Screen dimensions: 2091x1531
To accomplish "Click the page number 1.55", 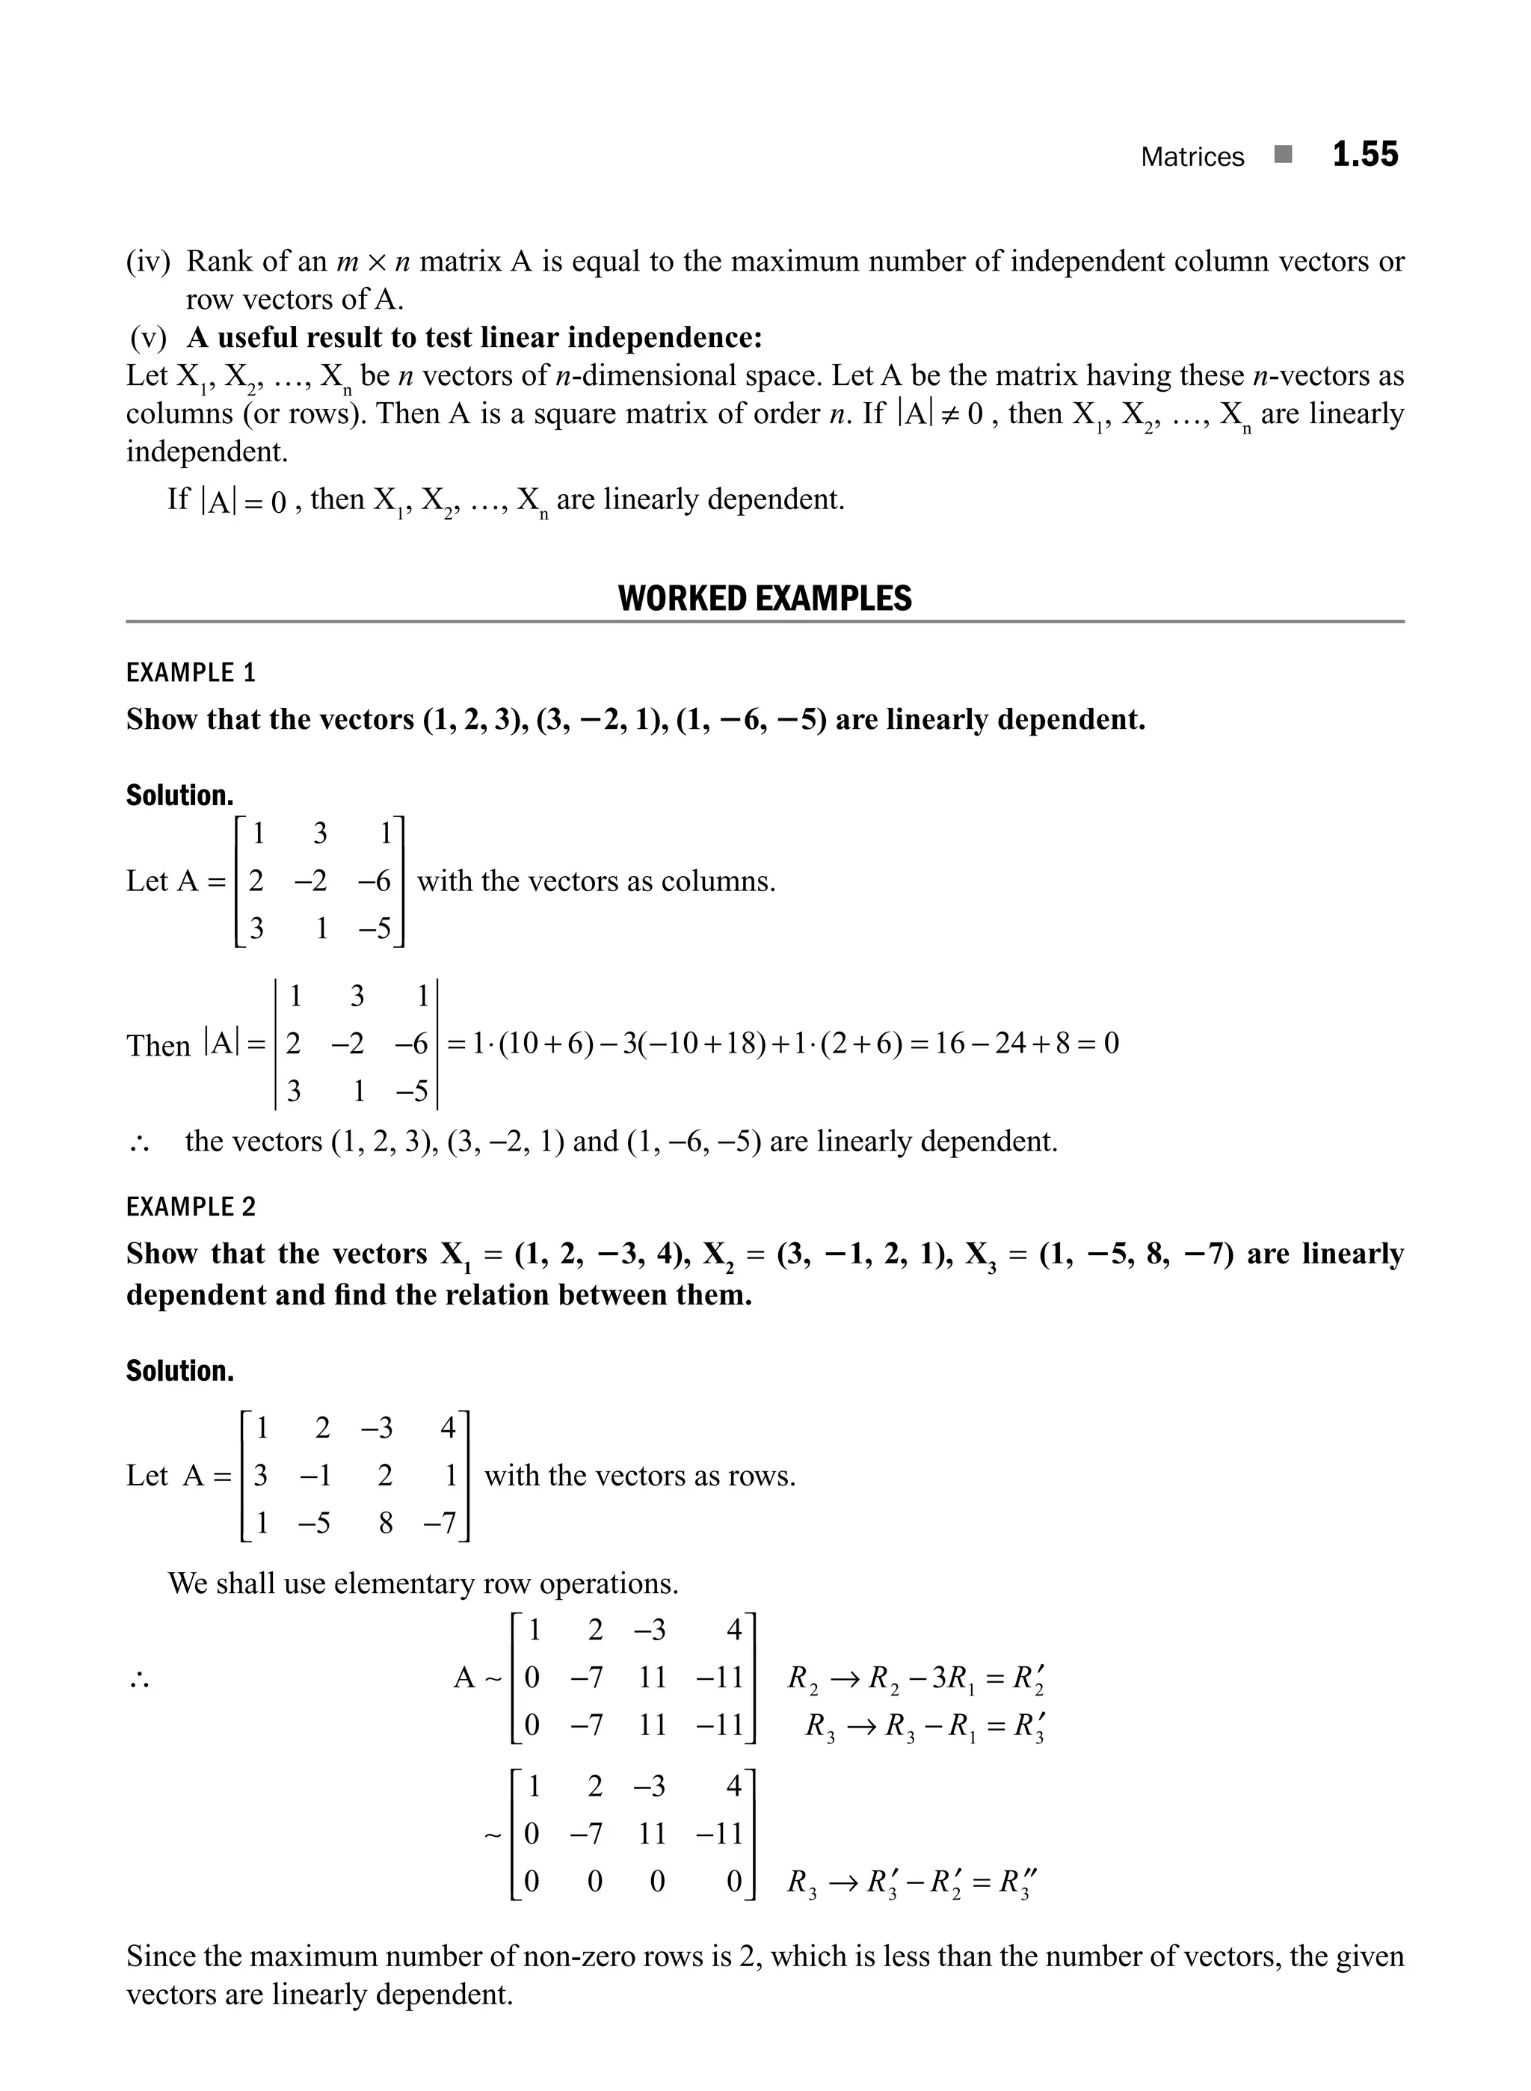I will point(1364,155).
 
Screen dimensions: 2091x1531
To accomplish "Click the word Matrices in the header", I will point(1192,157).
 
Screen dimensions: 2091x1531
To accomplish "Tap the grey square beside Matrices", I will point(1283,155).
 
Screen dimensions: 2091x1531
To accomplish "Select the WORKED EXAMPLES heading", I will point(765,599).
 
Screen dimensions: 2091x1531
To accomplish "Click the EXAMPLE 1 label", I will point(190,673).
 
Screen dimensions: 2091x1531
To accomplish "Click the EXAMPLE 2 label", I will point(190,1207).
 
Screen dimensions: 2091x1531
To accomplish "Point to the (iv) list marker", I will point(148,262).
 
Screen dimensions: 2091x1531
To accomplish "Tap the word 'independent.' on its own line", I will point(206,452).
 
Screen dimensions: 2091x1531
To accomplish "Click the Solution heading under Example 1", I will point(180,795).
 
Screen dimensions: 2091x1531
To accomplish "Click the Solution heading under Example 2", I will point(180,1371).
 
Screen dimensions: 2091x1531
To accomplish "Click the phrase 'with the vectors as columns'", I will point(596,881).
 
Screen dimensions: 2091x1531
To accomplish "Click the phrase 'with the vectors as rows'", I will point(639,1476).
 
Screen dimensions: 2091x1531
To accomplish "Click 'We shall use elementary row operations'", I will point(424,1583).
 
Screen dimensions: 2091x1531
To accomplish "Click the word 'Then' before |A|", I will point(158,1045).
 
